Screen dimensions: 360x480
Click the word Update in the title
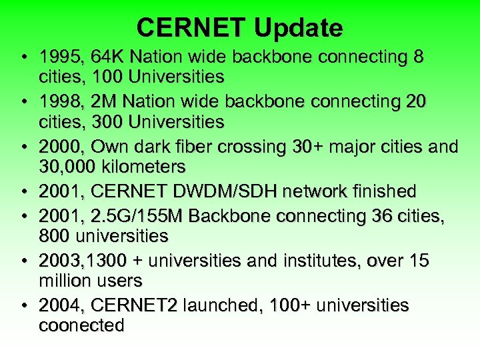pos(298,27)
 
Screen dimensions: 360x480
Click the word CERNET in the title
pos(191,27)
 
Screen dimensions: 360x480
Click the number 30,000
pos(65,165)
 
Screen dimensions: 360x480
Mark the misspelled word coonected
pos(81,325)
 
